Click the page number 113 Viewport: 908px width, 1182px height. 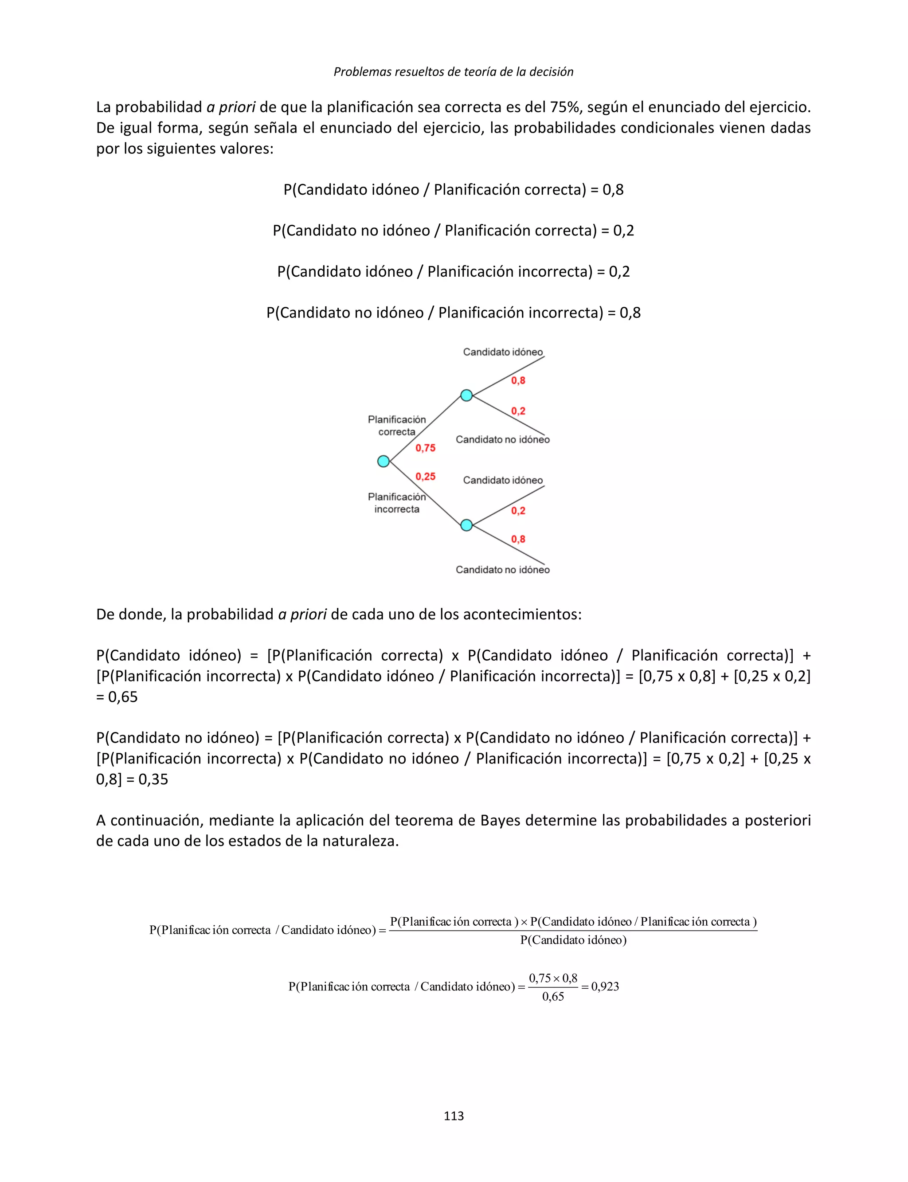click(x=454, y=1115)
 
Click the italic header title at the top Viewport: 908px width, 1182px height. click(x=454, y=71)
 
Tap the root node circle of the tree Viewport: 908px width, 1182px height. click(x=383, y=461)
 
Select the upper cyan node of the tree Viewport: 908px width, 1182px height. click(x=466, y=395)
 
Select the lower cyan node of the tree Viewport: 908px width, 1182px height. click(x=466, y=525)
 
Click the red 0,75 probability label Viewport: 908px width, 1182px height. click(x=425, y=447)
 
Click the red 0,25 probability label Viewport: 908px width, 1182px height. click(x=425, y=476)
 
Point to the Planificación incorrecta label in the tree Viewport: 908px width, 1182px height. click(x=397, y=503)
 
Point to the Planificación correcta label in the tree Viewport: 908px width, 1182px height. click(x=397, y=425)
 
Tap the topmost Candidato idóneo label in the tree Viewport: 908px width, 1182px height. click(x=503, y=352)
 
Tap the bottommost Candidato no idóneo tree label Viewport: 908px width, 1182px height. click(x=503, y=570)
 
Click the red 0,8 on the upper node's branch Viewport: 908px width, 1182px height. click(x=518, y=380)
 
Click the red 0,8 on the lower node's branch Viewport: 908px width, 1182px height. click(x=518, y=539)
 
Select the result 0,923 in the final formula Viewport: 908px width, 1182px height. click(x=605, y=986)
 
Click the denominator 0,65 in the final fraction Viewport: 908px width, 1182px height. click(x=553, y=997)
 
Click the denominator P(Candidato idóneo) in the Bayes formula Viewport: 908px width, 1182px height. click(x=573, y=940)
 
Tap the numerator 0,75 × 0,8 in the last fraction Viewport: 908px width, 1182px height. click(x=553, y=978)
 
